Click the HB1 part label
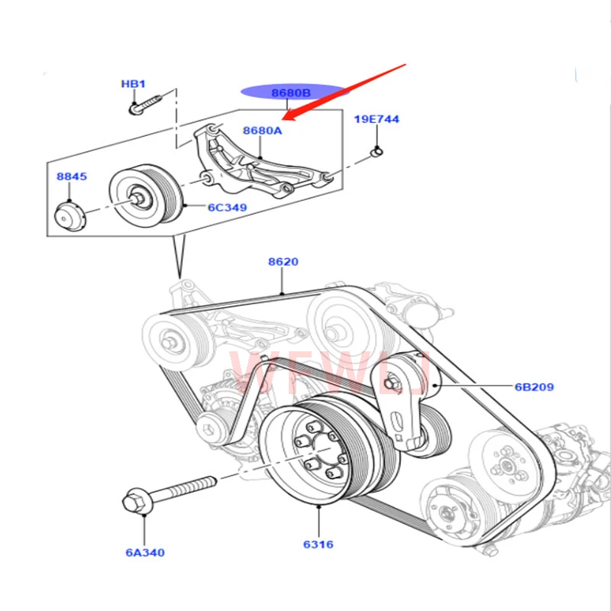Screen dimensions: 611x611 click(x=133, y=83)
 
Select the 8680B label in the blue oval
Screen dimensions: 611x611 click(x=291, y=93)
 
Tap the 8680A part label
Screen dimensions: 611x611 click(x=263, y=131)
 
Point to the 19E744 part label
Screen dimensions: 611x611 click(x=376, y=119)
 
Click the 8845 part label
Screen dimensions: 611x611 click(x=72, y=176)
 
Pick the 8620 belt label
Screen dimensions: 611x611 click(x=283, y=262)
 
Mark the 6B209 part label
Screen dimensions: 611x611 click(x=534, y=386)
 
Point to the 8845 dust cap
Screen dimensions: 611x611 click(x=71, y=215)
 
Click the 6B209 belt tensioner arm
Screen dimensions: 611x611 click(x=400, y=401)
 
